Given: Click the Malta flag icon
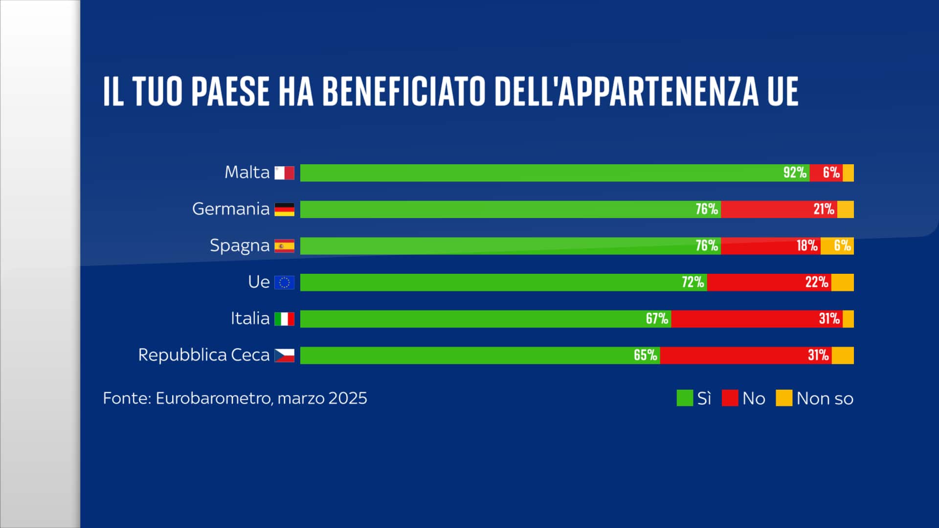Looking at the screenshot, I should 284,173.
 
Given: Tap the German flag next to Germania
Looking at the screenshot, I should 284,209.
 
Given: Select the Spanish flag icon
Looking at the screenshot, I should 284,246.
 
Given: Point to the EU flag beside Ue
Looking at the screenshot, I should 284,283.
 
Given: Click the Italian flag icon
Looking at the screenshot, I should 284,319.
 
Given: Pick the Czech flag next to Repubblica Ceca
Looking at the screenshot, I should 284,355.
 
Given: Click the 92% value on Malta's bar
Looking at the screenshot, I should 795,173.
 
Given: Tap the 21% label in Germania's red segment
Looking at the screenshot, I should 824,209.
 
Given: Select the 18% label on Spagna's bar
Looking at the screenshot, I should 807,245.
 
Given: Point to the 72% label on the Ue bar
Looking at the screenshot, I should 693,282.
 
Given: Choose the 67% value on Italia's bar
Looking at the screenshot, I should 657,319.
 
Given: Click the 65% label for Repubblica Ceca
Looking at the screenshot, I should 645,355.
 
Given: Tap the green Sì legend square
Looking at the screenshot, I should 685,398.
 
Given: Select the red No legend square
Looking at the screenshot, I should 730,398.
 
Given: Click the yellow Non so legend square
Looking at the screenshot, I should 784,398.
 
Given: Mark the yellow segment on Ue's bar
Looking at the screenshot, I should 842,282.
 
